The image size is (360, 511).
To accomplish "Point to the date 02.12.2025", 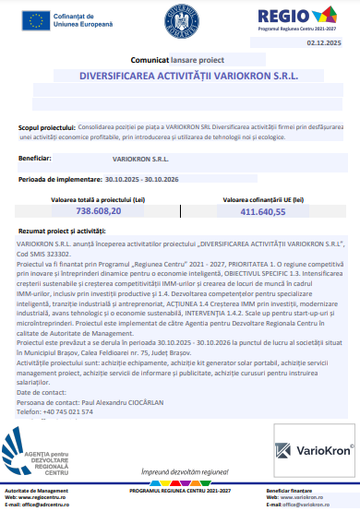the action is pos(323,43).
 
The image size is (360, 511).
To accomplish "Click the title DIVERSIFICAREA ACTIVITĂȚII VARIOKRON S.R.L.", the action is pos(181,77).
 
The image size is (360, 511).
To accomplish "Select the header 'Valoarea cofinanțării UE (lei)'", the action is pos(264,199).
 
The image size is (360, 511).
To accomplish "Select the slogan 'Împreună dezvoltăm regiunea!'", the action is pos(180,471).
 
